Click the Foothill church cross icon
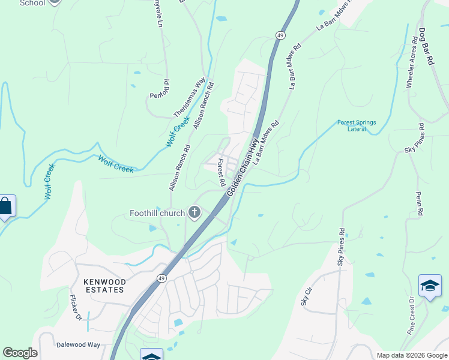[194, 212]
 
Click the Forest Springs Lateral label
[357, 125]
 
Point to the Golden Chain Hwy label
[243, 166]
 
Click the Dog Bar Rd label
[426, 46]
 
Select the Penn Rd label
[420, 204]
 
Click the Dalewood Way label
[78, 345]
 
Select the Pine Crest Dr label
[412, 316]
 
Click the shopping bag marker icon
[5, 206]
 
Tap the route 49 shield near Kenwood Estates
[161, 278]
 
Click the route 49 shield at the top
[280, 36]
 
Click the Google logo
[20, 353]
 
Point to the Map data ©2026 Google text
[411, 355]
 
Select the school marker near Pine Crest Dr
[430, 286]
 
